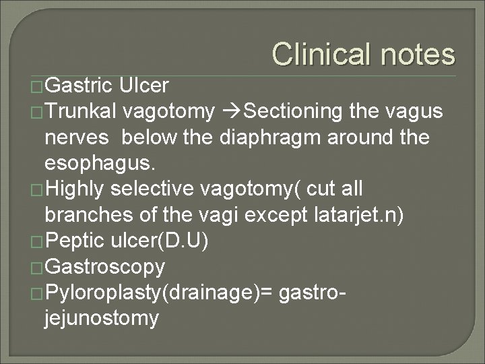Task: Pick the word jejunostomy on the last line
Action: [100, 319]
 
